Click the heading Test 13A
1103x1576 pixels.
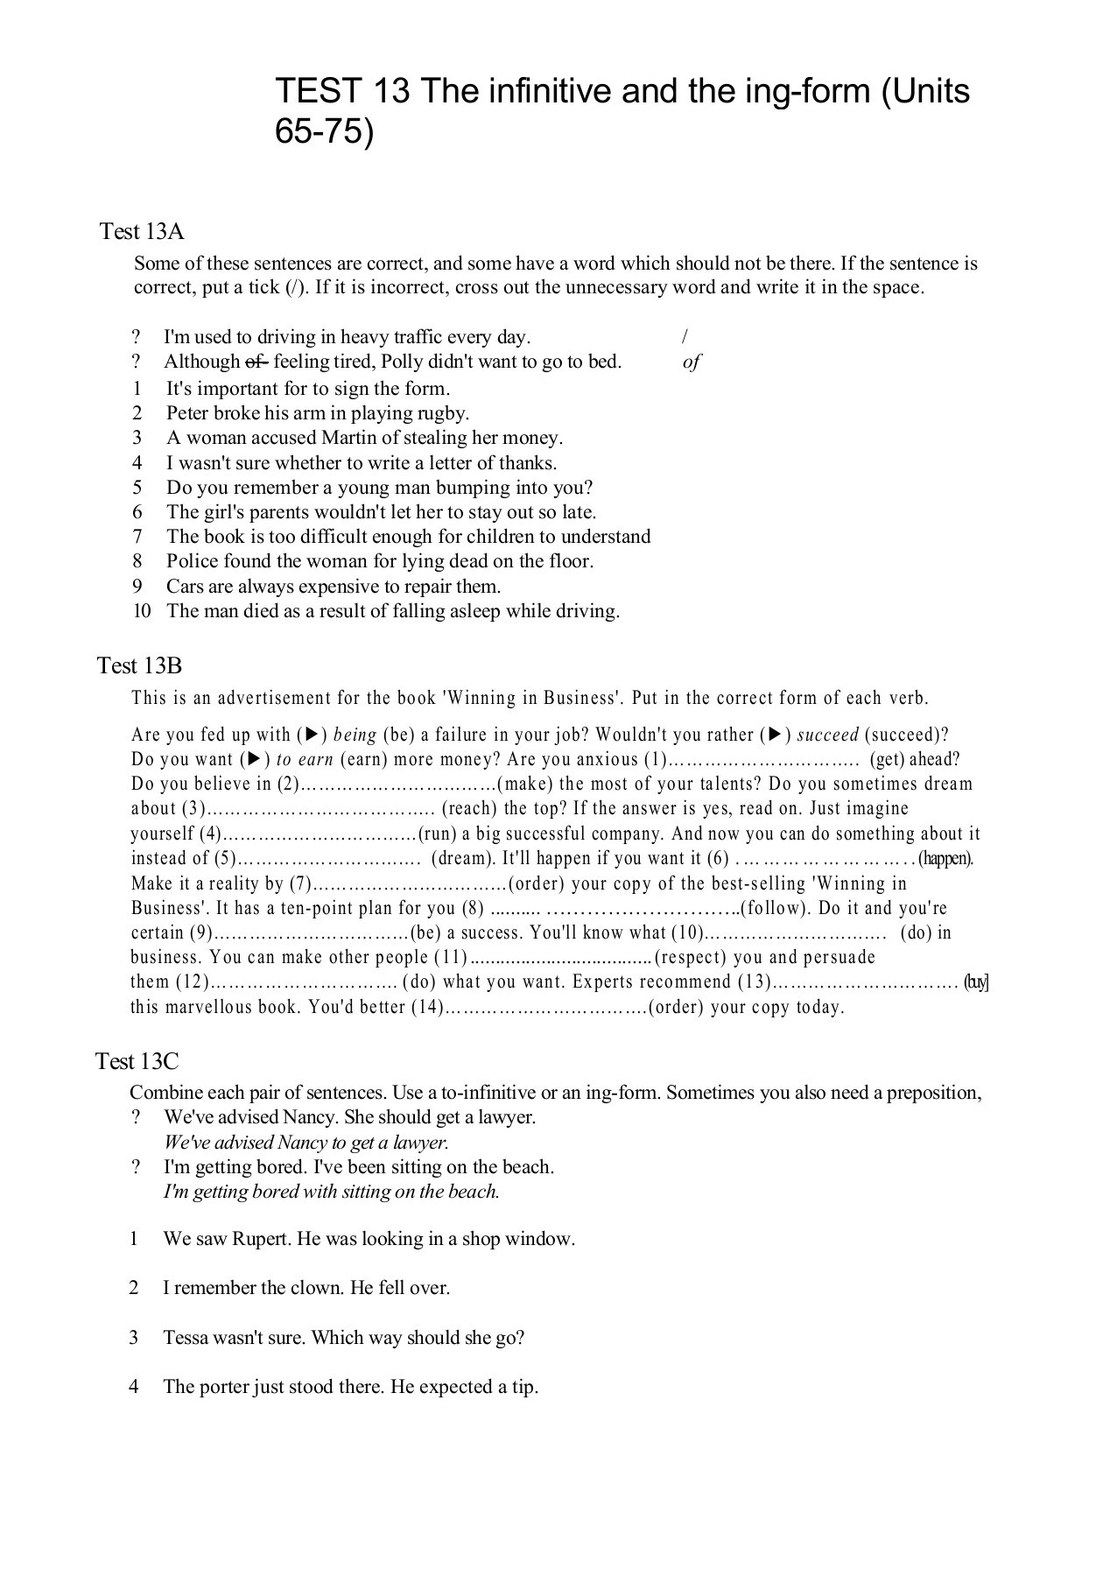pyautogui.click(x=142, y=232)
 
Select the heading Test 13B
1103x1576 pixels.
pyautogui.click(x=139, y=666)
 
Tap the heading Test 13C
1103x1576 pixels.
pyautogui.click(x=137, y=1062)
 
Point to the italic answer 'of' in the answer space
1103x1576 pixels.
pyautogui.click(x=691, y=362)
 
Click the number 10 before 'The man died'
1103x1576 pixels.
pyautogui.click(x=142, y=611)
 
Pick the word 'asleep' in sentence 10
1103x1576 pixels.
pyautogui.click(x=472, y=611)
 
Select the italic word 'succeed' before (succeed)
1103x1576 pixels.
pyautogui.click(x=827, y=735)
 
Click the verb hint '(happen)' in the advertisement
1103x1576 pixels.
pyautogui.click(x=945, y=859)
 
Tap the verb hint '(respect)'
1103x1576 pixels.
pyautogui.click(x=692, y=958)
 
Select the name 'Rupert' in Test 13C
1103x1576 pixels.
pyautogui.click(x=262, y=1240)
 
